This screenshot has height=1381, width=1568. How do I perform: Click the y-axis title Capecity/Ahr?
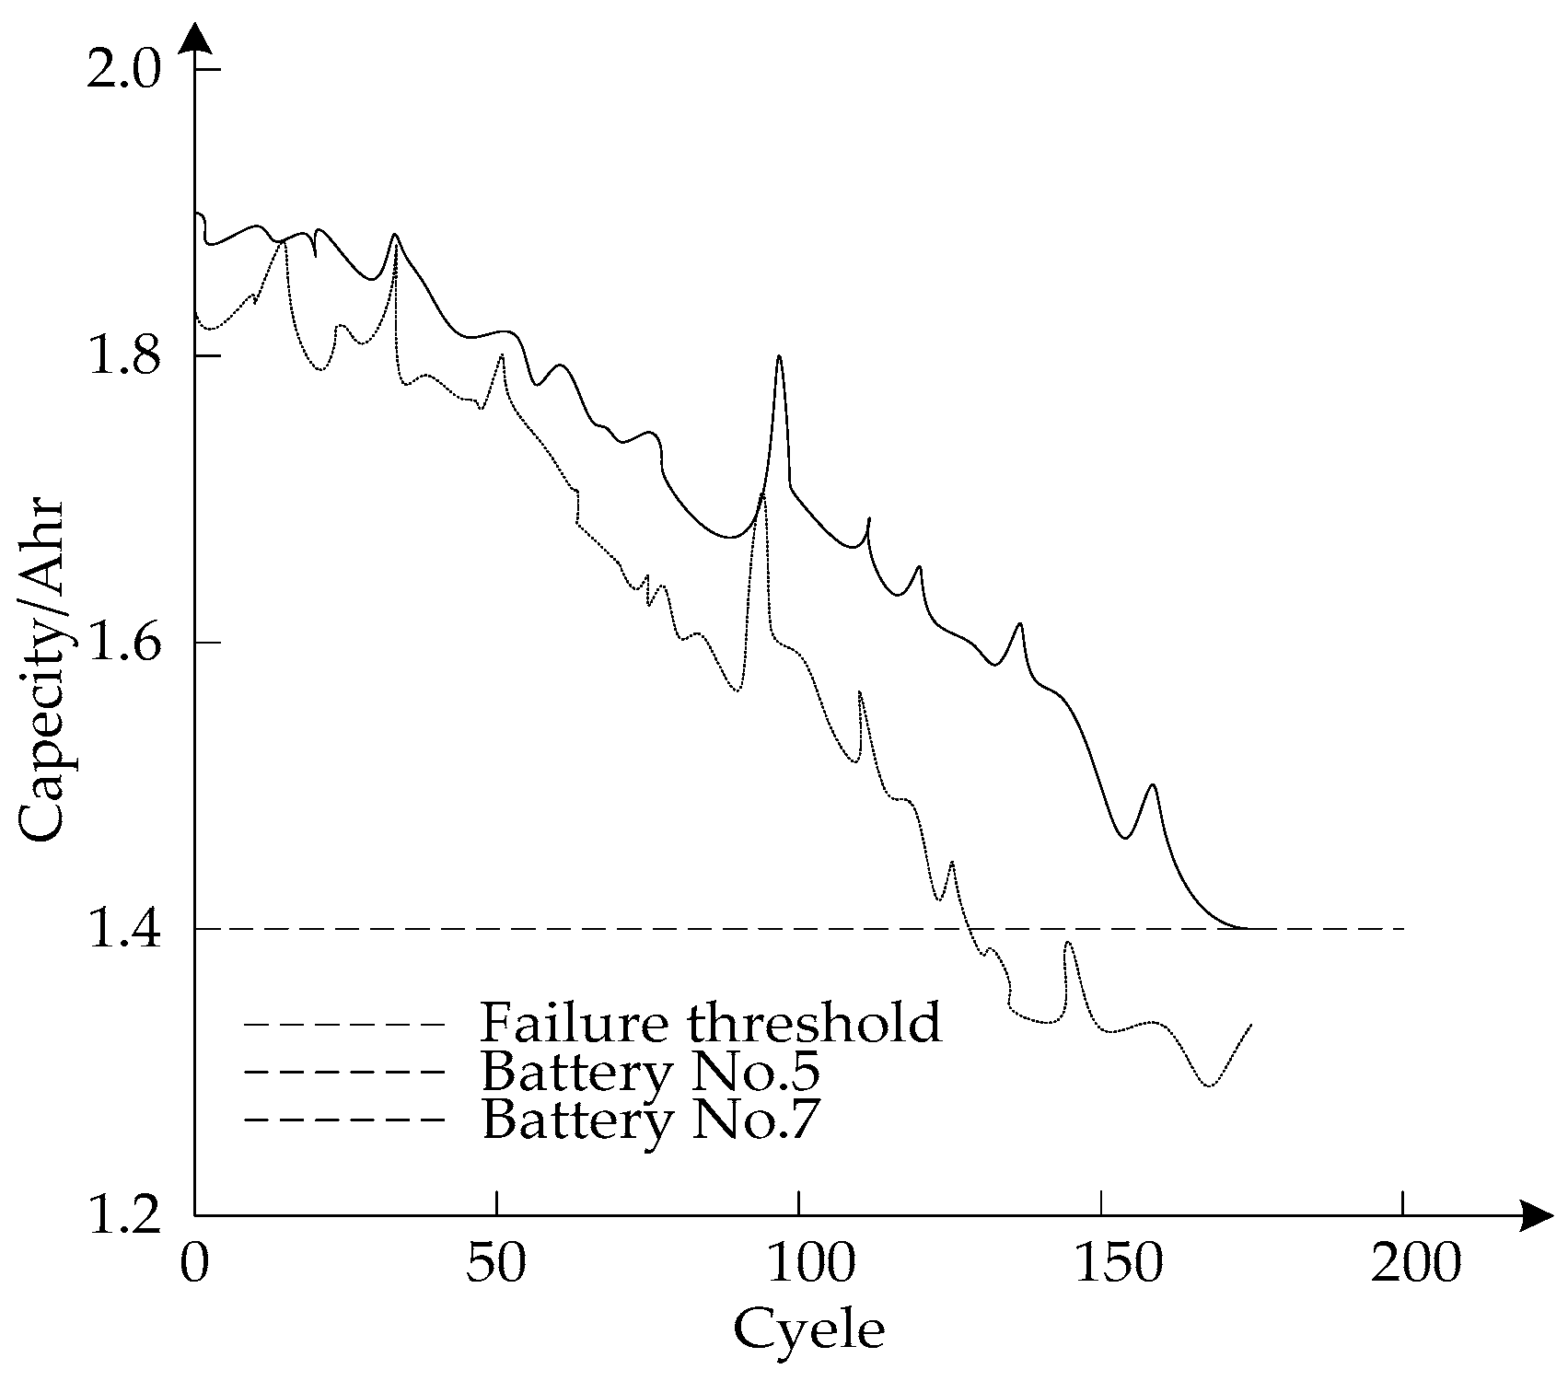click(41, 670)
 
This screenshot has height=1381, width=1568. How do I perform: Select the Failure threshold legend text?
click(711, 1022)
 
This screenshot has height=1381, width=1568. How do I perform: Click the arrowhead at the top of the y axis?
click(194, 37)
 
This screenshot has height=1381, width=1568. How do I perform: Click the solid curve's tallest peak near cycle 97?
click(779, 356)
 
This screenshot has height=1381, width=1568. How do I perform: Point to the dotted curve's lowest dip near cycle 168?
click(1209, 1085)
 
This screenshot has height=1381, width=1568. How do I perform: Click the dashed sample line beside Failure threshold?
click(345, 1023)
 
